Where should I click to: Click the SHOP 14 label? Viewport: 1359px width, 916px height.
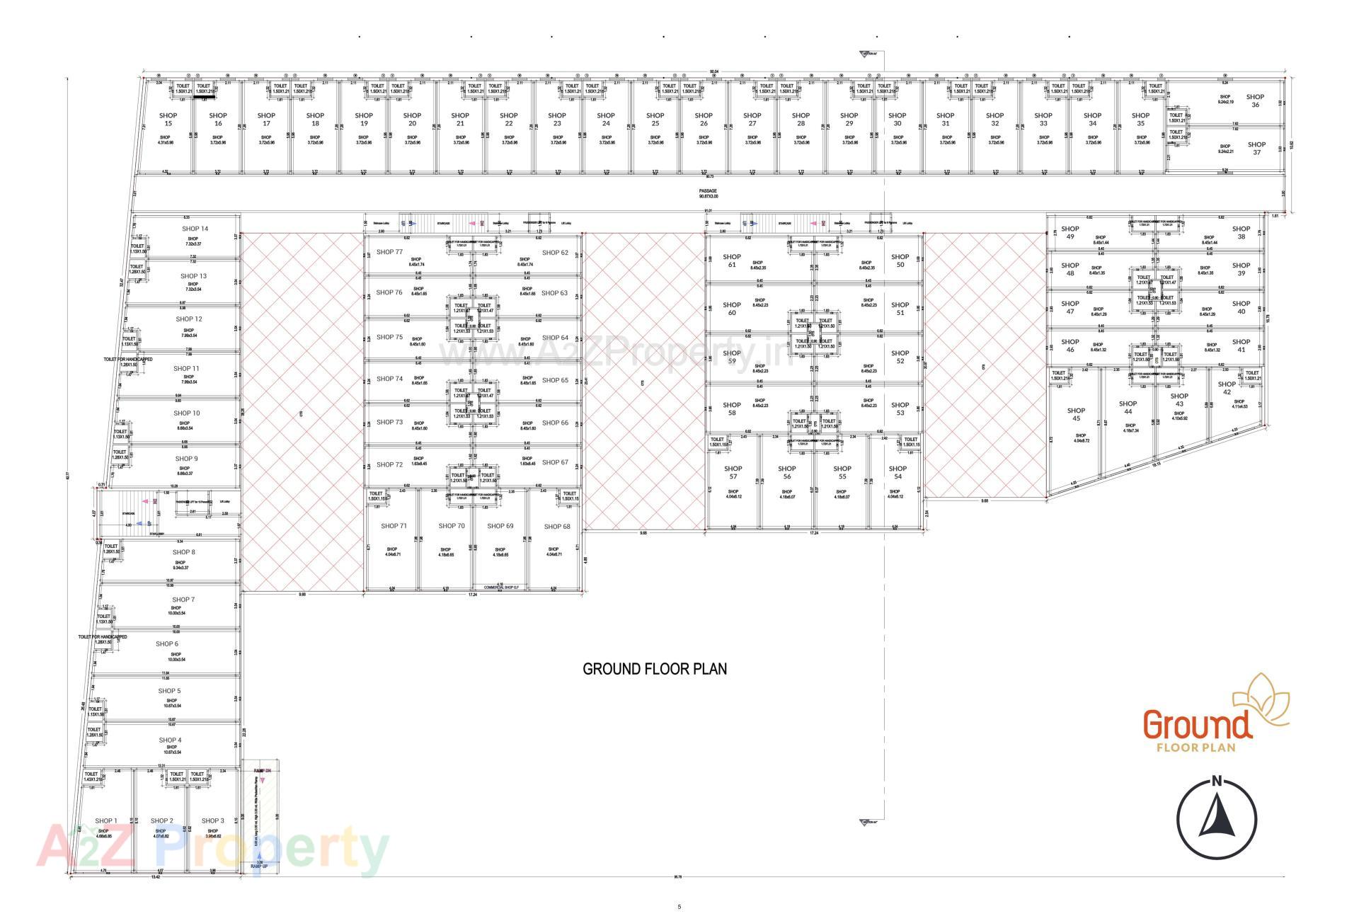pyautogui.click(x=195, y=229)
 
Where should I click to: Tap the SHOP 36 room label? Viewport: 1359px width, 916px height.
pyautogui.click(x=1255, y=101)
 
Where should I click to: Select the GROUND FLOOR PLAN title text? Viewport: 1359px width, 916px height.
pyautogui.click(x=655, y=669)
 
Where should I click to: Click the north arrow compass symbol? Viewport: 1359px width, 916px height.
pyautogui.click(x=1217, y=820)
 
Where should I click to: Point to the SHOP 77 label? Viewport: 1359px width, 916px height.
pyautogui.click(x=389, y=252)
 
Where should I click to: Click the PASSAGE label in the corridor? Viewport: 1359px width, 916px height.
pyautogui.click(x=708, y=191)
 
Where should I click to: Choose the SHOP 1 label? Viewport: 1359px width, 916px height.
pyautogui.click(x=106, y=821)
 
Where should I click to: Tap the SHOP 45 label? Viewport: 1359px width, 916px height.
pyautogui.click(x=1076, y=414)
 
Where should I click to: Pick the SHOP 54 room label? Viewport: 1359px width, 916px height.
pyautogui.click(x=898, y=472)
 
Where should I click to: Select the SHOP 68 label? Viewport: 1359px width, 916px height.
pyautogui.click(x=557, y=527)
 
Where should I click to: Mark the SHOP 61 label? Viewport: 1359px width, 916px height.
pyautogui.click(x=732, y=261)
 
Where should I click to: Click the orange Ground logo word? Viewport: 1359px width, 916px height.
pyautogui.click(x=1197, y=726)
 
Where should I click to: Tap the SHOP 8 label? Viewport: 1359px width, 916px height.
pyautogui.click(x=183, y=552)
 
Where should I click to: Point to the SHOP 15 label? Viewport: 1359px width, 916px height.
pyautogui.click(x=168, y=119)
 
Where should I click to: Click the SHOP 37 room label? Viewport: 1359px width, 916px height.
pyautogui.click(x=1256, y=149)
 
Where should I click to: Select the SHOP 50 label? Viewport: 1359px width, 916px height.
pyautogui.click(x=900, y=261)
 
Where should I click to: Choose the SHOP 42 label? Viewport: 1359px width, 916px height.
pyautogui.click(x=1227, y=388)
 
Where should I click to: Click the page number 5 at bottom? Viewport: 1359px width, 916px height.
pyautogui.click(x=679, y=906)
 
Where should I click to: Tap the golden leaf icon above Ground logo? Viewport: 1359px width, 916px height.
pyautogui.click(x=1262, y=702)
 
